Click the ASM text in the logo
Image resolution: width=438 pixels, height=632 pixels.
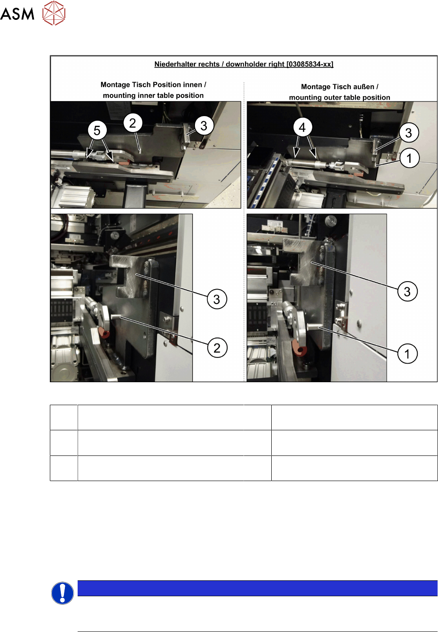point(17,14)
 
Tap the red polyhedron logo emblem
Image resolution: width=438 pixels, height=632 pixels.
point(54,13)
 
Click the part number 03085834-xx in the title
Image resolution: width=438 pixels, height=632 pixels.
point(310,64)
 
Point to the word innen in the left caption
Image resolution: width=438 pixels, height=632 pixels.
point(192,85)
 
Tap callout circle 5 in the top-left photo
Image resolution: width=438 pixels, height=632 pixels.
point(97,130)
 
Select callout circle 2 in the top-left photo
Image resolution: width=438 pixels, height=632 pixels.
point(133,123)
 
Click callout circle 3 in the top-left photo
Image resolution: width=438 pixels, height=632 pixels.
point(204,126)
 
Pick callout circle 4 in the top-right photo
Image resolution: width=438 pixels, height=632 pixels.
point(302,128)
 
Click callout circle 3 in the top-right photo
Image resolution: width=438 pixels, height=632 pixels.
point(408,132)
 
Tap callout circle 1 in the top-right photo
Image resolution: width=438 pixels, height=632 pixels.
point(409,158)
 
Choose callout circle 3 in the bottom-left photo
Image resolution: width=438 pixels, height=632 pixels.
point(217,299)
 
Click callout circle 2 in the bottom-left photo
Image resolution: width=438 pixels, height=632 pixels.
point(217,348)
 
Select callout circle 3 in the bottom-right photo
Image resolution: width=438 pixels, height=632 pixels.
point(407,291)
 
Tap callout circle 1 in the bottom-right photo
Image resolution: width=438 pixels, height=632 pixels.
point(407,354)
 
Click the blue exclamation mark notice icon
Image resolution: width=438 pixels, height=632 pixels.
point(63,593)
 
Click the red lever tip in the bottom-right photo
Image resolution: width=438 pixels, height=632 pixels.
point(299,348)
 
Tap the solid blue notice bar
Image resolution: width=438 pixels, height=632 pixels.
point(257,588)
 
